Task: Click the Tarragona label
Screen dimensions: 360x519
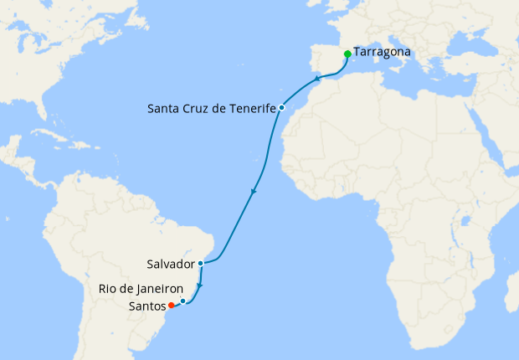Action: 383,52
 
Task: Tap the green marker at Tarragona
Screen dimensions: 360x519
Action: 347,54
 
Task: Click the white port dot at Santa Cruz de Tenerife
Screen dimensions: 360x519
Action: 282,108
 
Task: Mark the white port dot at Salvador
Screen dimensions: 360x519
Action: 201,263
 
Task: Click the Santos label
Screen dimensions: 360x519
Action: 147,306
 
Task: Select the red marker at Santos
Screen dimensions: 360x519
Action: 172,305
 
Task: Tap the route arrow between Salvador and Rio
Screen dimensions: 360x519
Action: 199,285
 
